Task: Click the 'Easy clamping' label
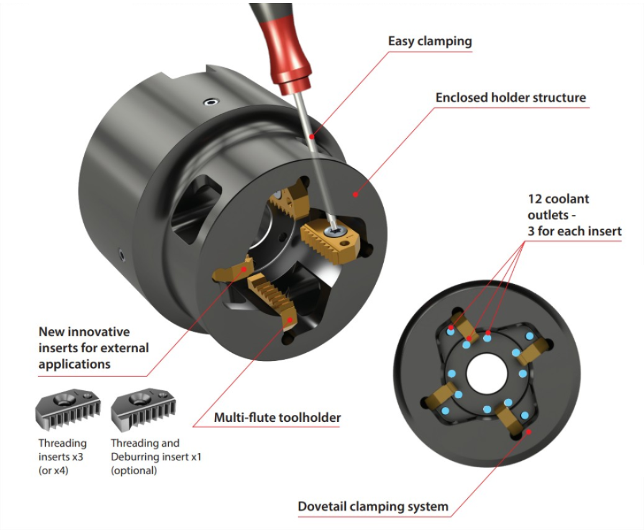pyautogui.click(x=430, y=42)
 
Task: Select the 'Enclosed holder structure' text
pyautogui.click(x=510, y=98)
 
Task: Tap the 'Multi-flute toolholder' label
pyautogui.click(x=278, y=418)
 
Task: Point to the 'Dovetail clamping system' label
pyautogui.click(x=373, y=506)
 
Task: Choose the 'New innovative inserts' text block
pyautogui.click(x=94, y=347)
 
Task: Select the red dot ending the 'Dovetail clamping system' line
pyautogui.click(x=528, y=431)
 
